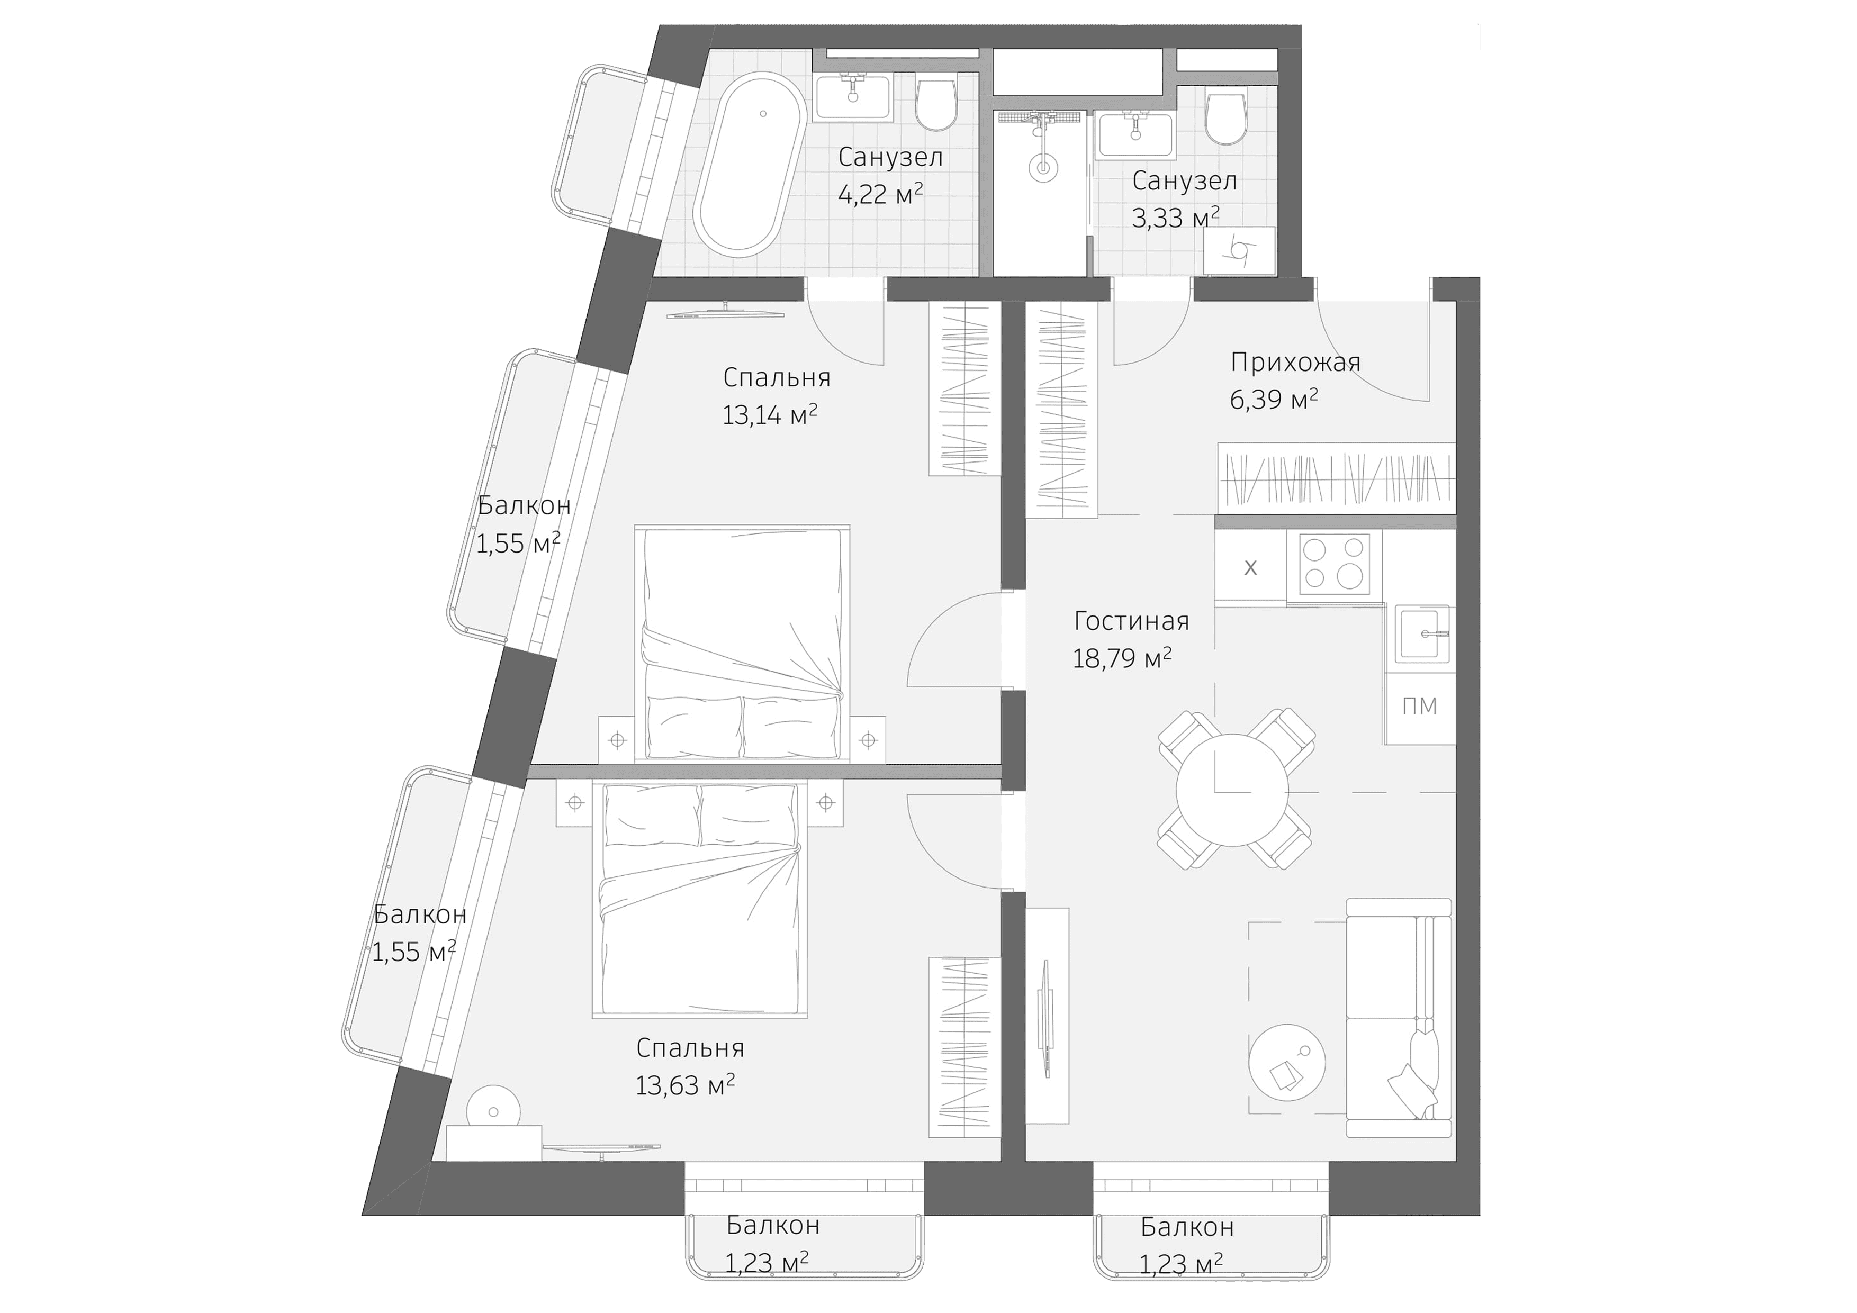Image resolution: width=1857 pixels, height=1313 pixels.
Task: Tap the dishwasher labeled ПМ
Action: pyautogui.click(x=1419, y=707)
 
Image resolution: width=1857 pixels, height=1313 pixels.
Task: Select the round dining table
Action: pyautogui.click(x=1232, y=790)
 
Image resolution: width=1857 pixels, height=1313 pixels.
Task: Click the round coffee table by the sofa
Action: pyautogui.click(x=1287, y=1062)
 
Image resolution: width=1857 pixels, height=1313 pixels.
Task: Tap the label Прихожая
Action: pyautogui.click(x=1295, y=361)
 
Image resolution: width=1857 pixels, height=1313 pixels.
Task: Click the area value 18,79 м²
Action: pyautogui.click(x=1122, y=659)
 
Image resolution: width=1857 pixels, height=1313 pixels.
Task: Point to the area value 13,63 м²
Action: pyautogui.click(x=685, y=1085)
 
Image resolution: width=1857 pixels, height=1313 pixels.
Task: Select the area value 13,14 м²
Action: pyautogui.click(x=769, y=415)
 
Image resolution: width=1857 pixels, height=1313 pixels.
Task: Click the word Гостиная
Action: pyautogui.click(x=1131, y=621)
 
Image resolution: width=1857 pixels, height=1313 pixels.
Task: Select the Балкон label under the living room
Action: pyautogui.click(x=1186, y=1227)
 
